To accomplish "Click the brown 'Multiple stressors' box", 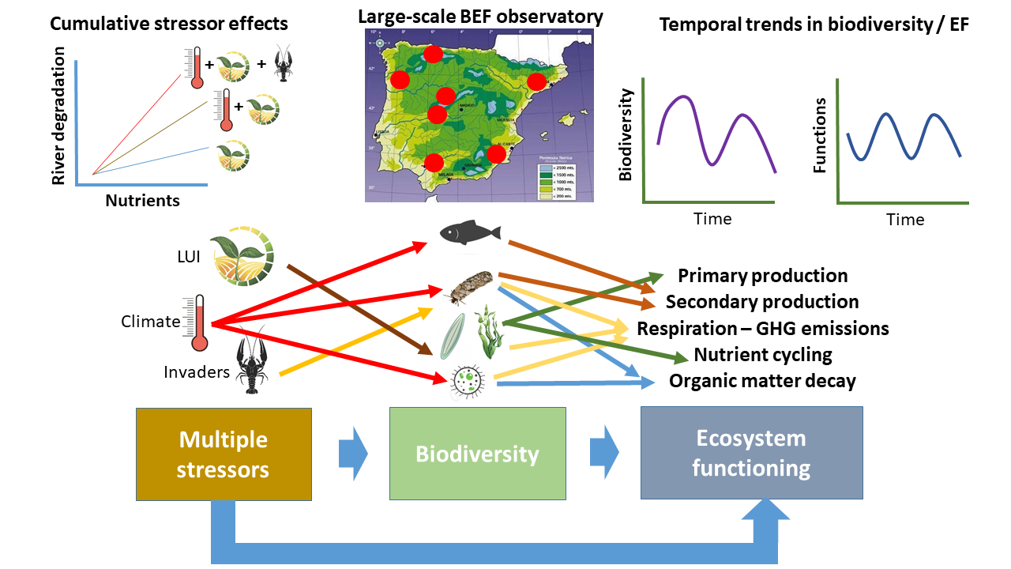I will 224,454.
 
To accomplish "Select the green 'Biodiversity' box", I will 477,454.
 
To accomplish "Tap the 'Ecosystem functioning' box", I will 751,453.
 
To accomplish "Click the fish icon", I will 470,232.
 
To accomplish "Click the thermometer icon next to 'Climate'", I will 197,322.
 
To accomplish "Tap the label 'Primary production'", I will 762,276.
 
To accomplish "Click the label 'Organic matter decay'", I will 762,381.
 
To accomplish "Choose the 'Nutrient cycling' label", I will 762,355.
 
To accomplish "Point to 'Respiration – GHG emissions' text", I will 762,328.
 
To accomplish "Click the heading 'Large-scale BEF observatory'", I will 480,17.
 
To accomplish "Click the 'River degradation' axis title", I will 58,115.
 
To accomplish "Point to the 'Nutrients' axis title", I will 142,200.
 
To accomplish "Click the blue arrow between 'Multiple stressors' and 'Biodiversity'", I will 353,454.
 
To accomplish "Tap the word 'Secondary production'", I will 762,302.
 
